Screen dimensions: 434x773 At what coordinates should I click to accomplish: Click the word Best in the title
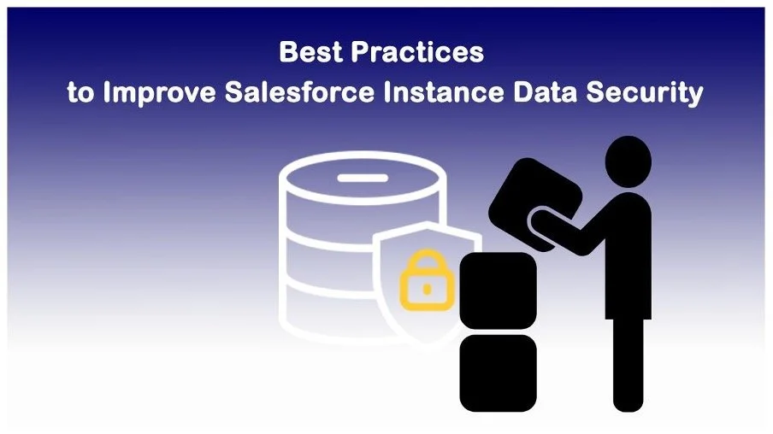point(311,53)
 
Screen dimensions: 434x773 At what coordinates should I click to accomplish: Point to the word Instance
point(444,92)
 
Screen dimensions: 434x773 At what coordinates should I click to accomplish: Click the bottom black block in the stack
point(499,372)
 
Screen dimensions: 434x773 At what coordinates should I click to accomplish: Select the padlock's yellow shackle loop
point(425,267)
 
